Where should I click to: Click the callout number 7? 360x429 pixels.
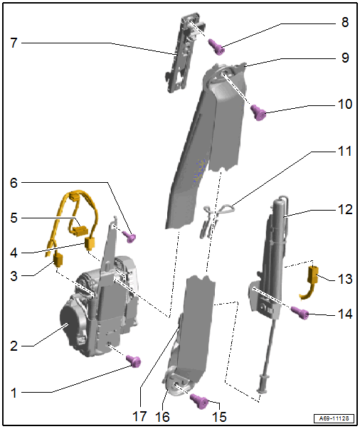(14, 43)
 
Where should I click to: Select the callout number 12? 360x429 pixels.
(345, 210)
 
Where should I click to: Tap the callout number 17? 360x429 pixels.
(139, 416)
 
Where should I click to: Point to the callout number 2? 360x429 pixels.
(14, 346)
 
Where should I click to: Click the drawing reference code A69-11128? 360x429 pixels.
(334, 418)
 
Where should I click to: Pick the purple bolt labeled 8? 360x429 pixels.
(217, 46)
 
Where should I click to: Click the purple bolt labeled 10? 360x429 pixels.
(258, 112)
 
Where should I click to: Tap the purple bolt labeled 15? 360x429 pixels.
(199, 401)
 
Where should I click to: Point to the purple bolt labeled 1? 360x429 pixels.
(134, 361)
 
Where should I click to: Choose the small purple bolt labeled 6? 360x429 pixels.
(129, 236)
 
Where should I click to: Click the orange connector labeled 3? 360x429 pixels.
(58, 260)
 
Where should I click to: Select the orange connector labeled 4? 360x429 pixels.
(90, 243)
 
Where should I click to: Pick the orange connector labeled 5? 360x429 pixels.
(80, 230)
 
